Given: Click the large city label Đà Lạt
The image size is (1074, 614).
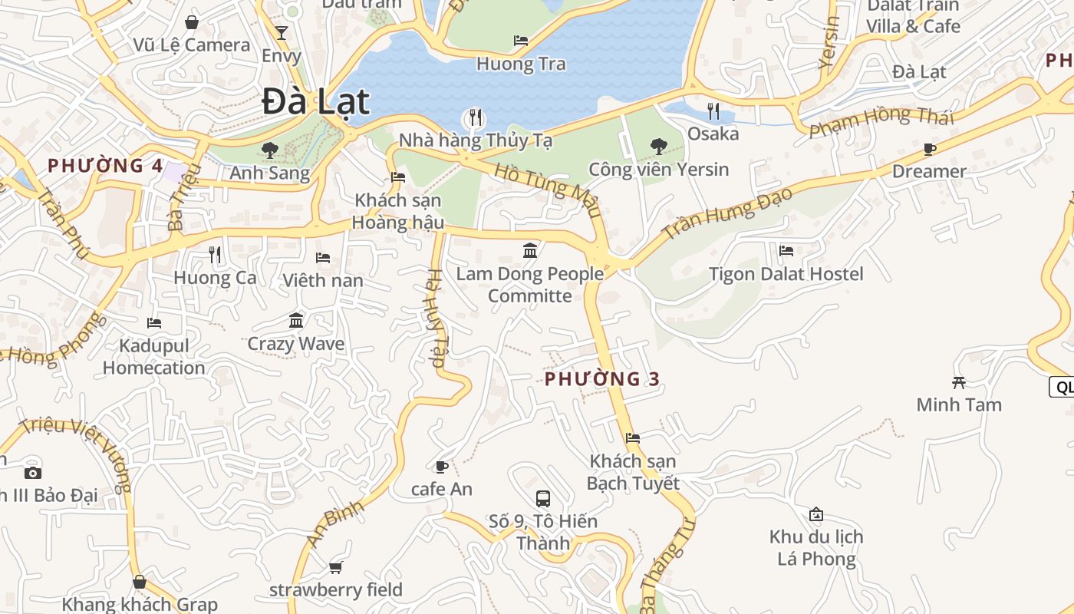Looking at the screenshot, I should pos(316,102).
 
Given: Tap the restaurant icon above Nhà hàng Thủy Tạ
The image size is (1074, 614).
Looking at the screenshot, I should pos(476,117).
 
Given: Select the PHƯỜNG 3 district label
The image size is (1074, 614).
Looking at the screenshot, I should pos(602,378).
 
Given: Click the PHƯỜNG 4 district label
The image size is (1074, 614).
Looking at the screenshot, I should pos(105,165).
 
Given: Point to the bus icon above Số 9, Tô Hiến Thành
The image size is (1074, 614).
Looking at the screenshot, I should pos(542,499).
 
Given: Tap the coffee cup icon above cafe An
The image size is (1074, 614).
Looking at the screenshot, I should pos(441,467).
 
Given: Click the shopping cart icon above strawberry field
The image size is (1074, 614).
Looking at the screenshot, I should pos(335,568).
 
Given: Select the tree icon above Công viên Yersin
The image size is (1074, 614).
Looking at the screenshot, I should pos(658,146).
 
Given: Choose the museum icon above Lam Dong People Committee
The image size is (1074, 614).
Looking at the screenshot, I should pos(529,250).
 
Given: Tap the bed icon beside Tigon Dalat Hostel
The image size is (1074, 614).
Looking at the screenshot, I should pos(786,250).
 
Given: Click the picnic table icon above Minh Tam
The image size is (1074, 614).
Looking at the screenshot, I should pos(958,381).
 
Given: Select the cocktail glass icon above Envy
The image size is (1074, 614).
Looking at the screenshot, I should pos(282,32).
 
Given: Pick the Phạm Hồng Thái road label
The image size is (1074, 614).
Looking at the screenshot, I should pos(881,120).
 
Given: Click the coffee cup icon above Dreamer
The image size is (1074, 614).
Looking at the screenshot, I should pos(930,149).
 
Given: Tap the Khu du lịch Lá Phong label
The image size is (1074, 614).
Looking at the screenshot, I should pos(816,547).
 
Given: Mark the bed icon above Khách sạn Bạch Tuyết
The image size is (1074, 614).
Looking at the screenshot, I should pos(632,438).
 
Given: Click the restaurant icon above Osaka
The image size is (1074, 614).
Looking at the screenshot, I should pos(713,111).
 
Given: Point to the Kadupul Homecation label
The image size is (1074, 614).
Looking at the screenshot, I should pos(153,357).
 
